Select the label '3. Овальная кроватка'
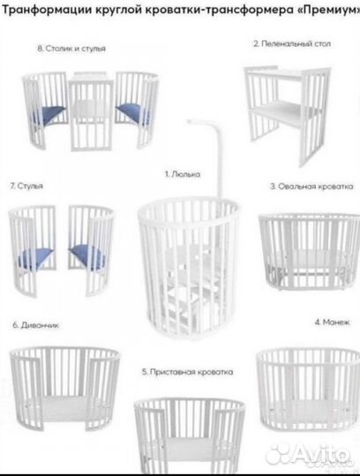(311, 187)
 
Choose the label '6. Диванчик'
(36, 324)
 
